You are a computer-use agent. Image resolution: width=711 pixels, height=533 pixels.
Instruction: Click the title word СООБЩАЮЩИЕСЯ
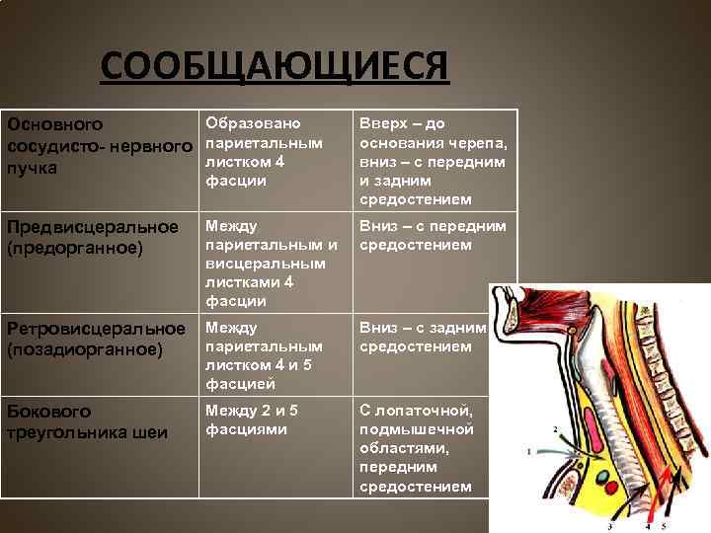click(x=275, y=69)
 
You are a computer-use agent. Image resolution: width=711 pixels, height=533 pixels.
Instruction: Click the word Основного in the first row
click(x=55, y=125)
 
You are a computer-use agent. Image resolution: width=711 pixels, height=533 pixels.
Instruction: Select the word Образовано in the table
click(x=252, y=123)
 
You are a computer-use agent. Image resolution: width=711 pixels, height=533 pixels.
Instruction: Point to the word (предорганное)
click(x=68, y=247)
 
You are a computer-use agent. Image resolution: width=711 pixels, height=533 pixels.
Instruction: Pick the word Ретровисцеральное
click(x=96, y=328)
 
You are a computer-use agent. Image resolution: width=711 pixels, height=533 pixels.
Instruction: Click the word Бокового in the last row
click(x=49, y=411)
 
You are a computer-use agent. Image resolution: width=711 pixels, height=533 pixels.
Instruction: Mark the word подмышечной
click(x=416, y=429)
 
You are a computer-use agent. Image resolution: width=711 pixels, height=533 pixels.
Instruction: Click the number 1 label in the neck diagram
click(x=529, y=451)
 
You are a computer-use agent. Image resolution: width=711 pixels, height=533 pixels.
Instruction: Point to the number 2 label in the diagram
click(x=555, y=428)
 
